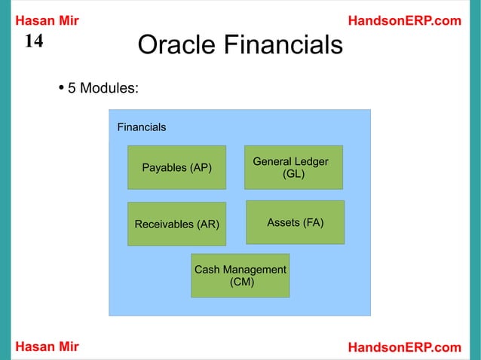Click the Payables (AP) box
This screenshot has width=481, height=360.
pyautogui.click(x=176, y=167)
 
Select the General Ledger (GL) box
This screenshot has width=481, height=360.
pyautogui.click(x=293, y=167)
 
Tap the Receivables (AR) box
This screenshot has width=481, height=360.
pyautogui.click(x=176, y=224)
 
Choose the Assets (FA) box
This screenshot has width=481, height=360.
pyautogui.click(x=295, y=222)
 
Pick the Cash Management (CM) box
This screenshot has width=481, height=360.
pyautogui.click(x=240, y=276)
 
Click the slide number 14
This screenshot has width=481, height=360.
pyautogui.click(x=34, y=41)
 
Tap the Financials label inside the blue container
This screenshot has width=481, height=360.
pyautogui.click(x=142, y=127)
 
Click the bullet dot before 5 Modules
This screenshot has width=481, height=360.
pyautogui.click(x=60, y=87)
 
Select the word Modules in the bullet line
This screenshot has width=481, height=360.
pyautogui.click(x=109, y=88)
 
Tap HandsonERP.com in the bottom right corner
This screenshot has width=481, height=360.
pyautogui.click(x=404, y=346)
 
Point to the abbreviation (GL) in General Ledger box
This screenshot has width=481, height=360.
pyautogui.click(x=293, y=174)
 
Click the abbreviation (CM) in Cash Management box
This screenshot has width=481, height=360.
pyautogui.click(x=241, y=282)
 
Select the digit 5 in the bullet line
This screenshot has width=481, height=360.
pyautogui.click(x=72, y=88)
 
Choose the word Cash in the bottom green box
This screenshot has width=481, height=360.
pyautogui.click(x=207, y=270)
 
